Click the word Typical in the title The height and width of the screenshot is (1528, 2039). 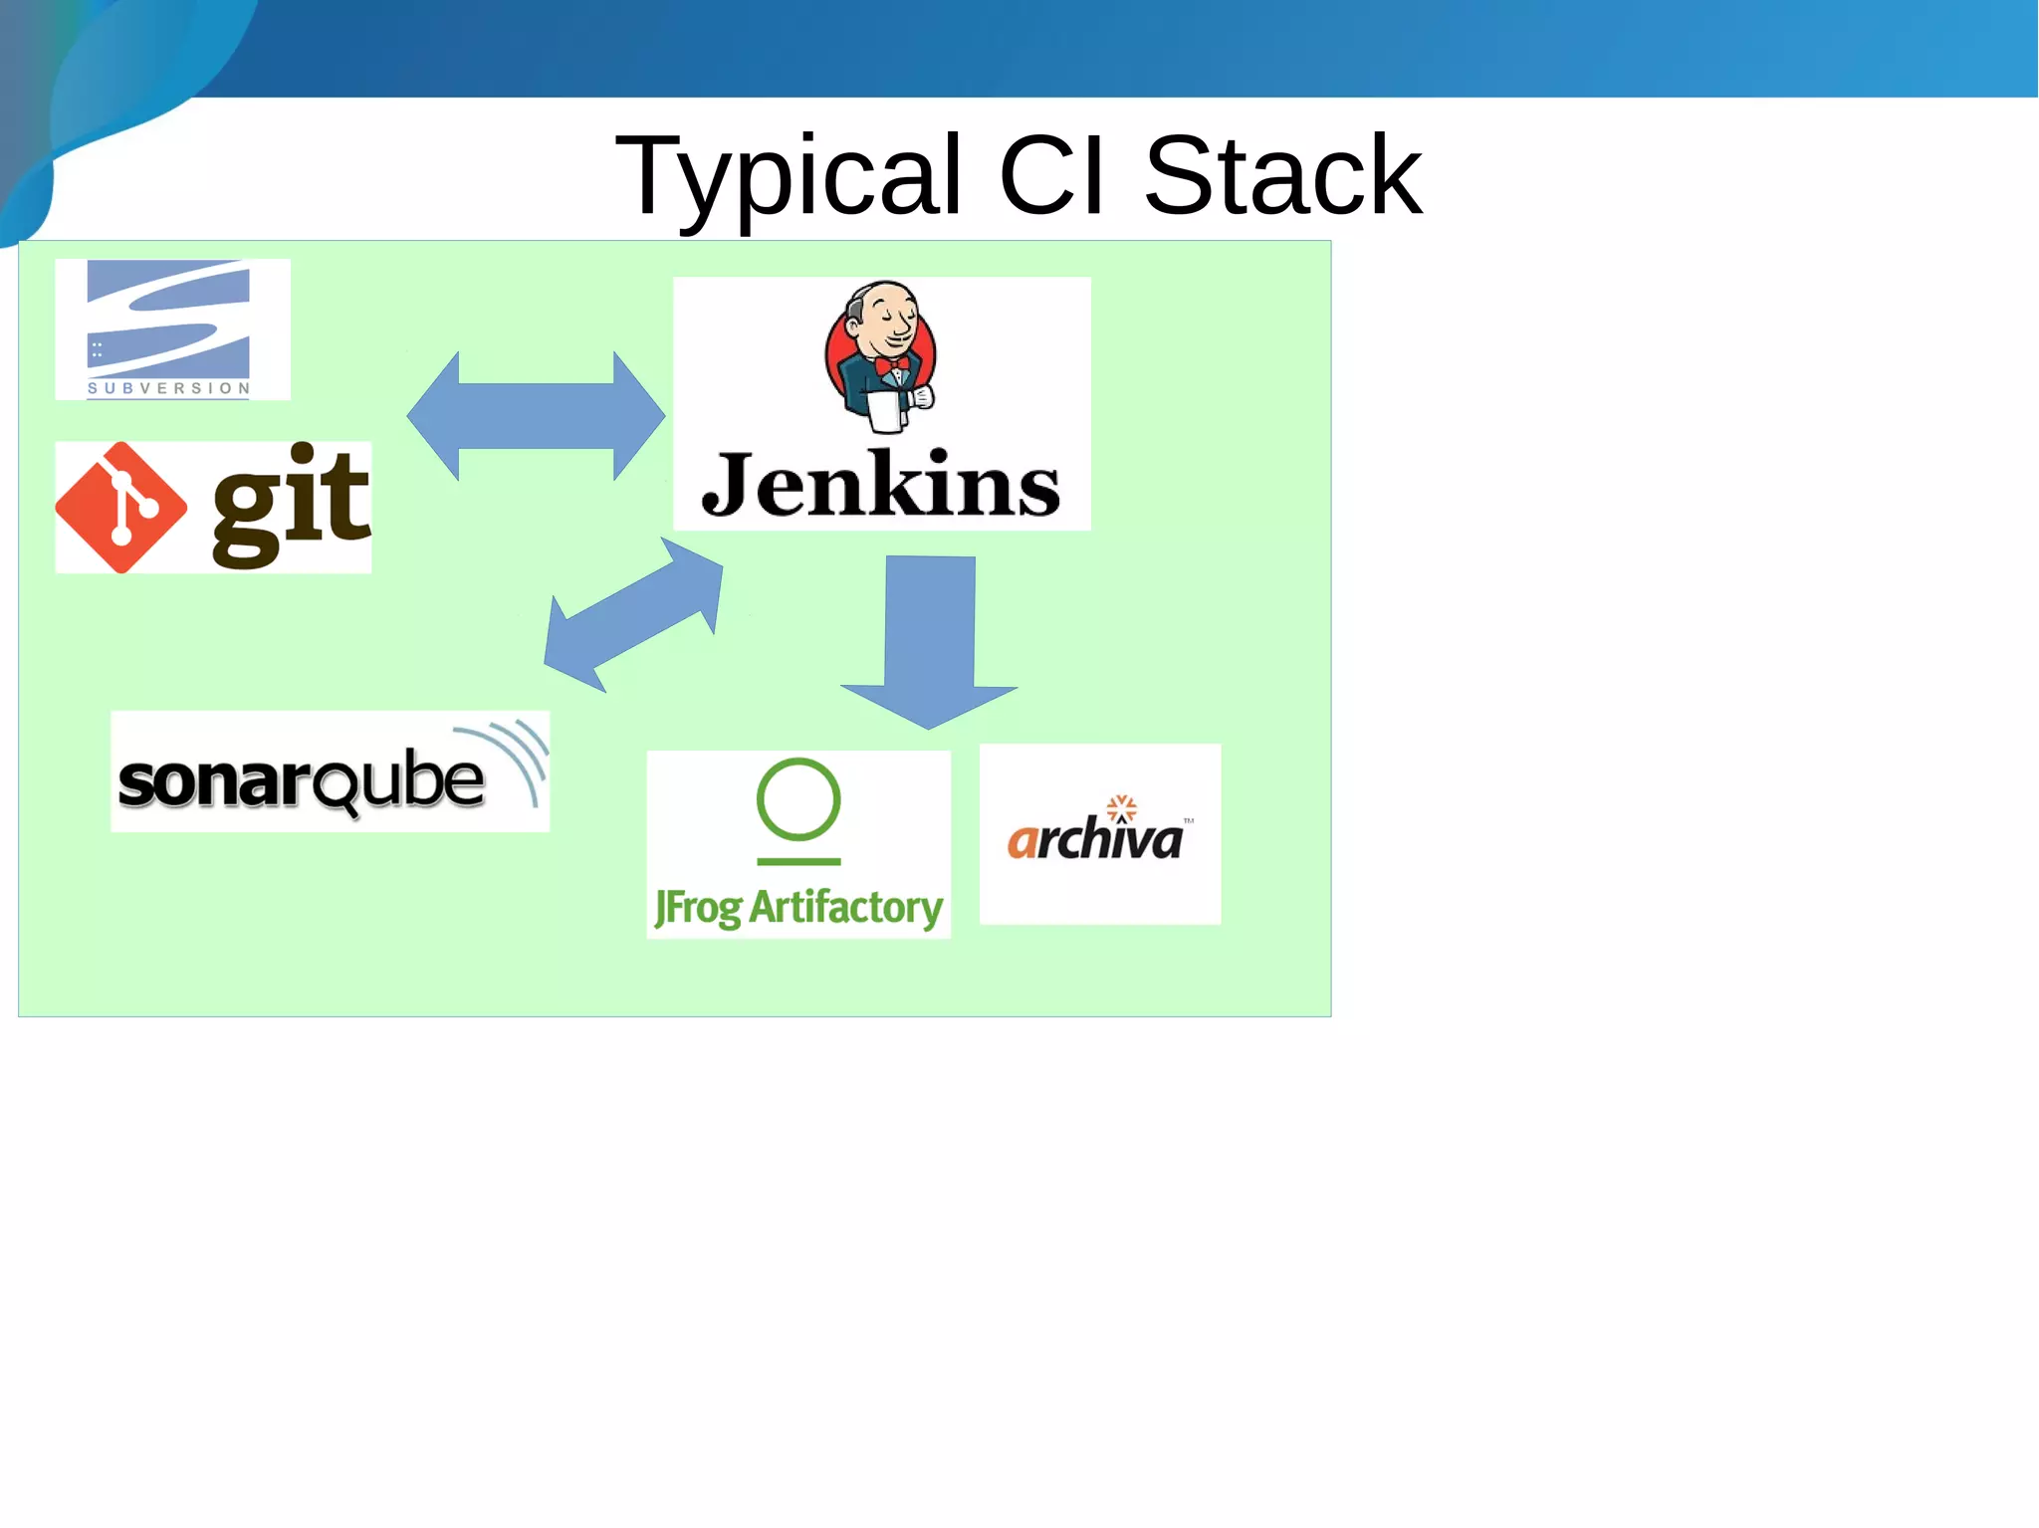(x=788, y=177)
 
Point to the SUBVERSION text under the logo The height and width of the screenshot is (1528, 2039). (x=168, y=388)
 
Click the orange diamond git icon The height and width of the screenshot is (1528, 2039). (x=120, y=508)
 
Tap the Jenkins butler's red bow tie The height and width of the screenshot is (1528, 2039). (x=891, y=366)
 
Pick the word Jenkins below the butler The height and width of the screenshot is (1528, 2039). (x=881, y=486)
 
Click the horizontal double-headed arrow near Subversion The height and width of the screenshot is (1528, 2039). (x=536, y=416)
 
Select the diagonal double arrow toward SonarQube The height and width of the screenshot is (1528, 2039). (x=633, y=615)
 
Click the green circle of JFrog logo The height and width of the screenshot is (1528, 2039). (x=798, y=799)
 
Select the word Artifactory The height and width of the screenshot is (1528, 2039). (x=845, y=907)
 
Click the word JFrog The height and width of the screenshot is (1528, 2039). (x=698, y=908)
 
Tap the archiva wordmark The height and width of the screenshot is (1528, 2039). (x=1094, y=839)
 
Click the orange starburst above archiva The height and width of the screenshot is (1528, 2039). (x=1122, y=805)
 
